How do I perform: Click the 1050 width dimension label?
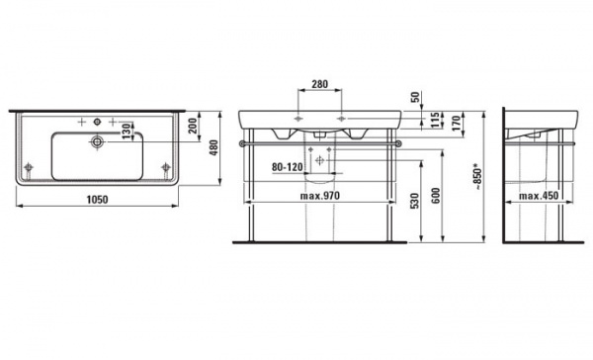click(97, 199)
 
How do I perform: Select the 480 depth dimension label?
click(213, 148)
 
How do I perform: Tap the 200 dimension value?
click(193, 126)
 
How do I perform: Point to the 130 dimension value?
click(127, 132)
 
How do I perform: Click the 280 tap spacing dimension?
click(320, 84)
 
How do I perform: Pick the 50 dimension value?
click(415, 97)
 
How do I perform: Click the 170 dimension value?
click(457, 123)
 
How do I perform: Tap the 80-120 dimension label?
click(287, 166)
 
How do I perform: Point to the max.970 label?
click(320, 196)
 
